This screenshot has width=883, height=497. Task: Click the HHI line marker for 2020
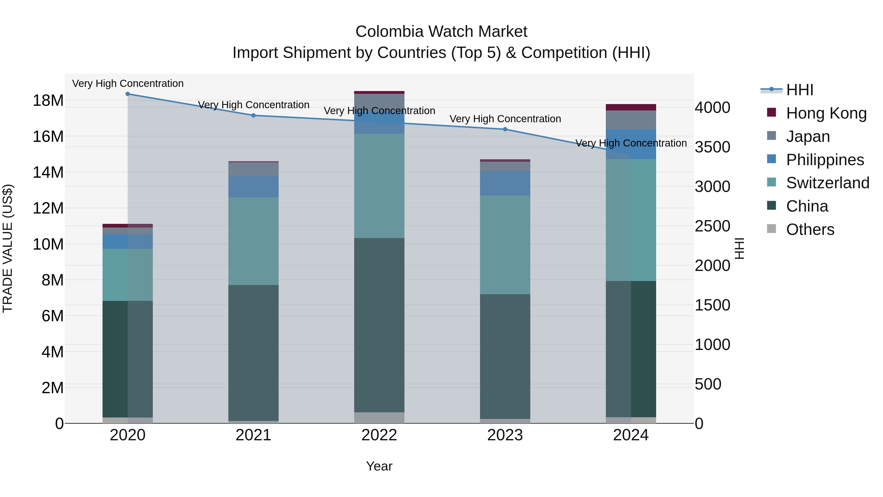(x=128, y=94)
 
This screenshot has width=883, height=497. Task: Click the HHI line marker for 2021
(x=253, y=115)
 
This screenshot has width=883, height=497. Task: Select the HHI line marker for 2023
(x=505, y=129)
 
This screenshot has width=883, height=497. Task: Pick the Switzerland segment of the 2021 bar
(x=253, y=241)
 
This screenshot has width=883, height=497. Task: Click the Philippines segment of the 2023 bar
(x=505, y=184)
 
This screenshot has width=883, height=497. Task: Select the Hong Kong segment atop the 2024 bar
(x=631, y=107)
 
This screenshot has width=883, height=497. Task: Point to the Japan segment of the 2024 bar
(x=631, y=120)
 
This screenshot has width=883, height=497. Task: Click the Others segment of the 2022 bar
(x=379, y=417)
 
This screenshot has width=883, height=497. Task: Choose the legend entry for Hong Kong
(x=826, y=113)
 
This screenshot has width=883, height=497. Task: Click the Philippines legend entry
(x=825, y=160)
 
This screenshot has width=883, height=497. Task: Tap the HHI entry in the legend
(x=799, y=90)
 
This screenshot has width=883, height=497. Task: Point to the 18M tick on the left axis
(x=48, y=100)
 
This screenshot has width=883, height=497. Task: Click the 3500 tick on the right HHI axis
(x=712, y=147)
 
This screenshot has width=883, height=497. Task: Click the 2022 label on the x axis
(x=379, y=435)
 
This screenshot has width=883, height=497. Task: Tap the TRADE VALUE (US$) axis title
(x=8, y=248)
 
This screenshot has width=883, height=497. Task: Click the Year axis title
(x=379, y=466)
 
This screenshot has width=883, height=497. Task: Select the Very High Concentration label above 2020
(x=128, y=83)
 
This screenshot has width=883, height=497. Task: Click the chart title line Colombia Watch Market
(x=441, y=32)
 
